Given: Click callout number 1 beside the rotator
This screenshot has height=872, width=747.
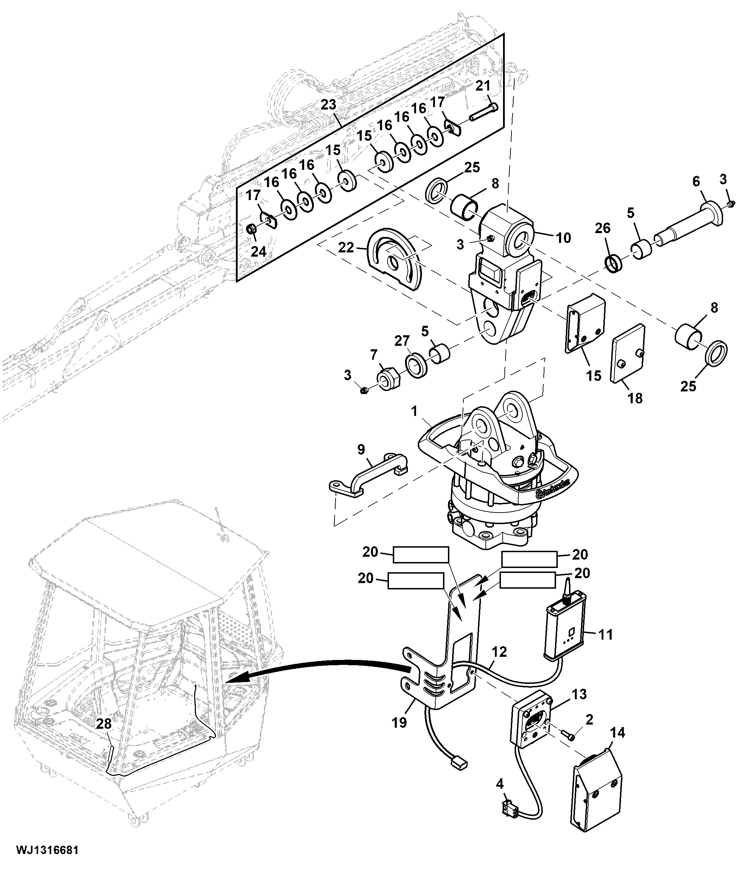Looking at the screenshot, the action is [x=414, y=411].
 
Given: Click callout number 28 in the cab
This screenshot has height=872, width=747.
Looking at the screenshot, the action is [x=104, y=724].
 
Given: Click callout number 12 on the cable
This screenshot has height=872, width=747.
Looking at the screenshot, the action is [x=499, y=652].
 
